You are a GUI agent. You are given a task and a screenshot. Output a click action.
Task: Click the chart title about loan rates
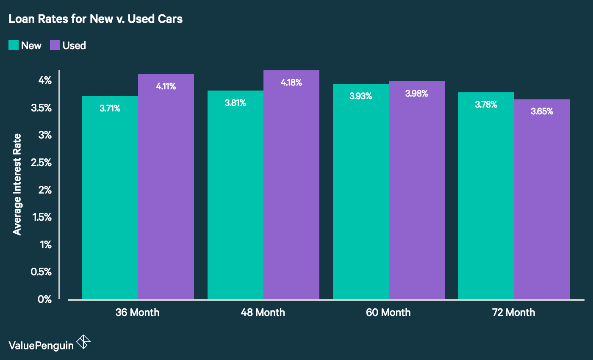point(95,19)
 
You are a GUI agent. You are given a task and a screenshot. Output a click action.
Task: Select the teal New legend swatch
point(14,45)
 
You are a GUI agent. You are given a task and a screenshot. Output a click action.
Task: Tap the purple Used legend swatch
point(55,45)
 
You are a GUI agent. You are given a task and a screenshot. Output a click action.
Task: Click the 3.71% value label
point(110,108)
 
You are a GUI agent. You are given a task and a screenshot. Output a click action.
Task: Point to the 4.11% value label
point(166,86)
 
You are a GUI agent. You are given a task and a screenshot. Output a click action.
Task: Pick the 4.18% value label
point(291,83)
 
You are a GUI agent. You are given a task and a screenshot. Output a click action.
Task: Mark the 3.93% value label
point(360,96)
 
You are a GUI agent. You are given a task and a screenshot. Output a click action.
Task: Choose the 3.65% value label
point(542,112)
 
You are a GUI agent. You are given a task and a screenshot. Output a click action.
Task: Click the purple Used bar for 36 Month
point(166,191)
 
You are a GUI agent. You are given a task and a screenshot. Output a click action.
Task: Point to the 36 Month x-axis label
point(138,313)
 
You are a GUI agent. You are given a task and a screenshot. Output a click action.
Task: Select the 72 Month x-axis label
point(513,313)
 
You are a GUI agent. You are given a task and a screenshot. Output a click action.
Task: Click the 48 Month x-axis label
point(263,313)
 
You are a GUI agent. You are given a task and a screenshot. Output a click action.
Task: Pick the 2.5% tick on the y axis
point(42,162)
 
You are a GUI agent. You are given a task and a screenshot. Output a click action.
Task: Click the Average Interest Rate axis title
point(17,184)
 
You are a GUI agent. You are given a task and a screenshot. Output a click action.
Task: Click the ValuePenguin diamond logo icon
point(83,342)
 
